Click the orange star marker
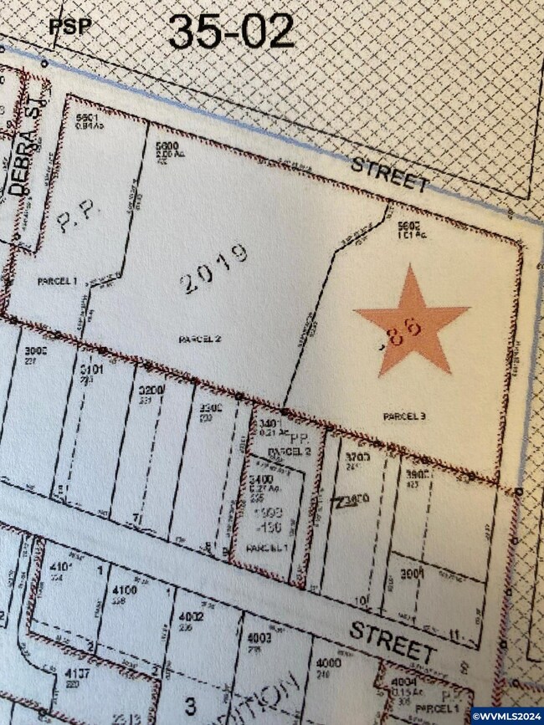click(411, 322)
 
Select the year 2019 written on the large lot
click(214, 268)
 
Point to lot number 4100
click(123, 590)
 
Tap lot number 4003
click(253, 637)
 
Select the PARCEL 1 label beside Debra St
click(57, 282)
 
